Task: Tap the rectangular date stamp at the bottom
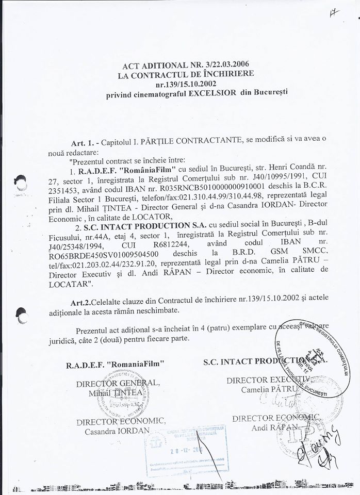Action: (188, 445)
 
